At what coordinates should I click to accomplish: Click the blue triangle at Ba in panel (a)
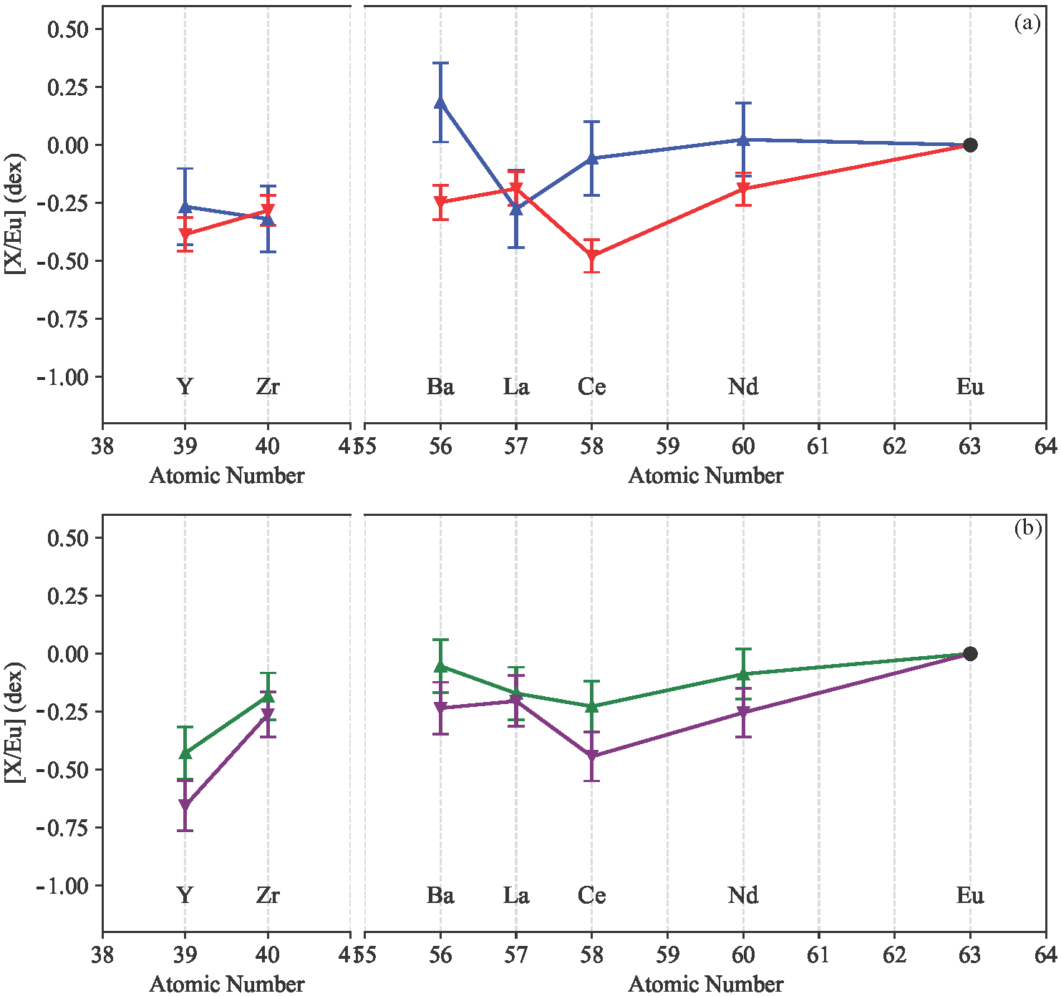[x=440, y=102]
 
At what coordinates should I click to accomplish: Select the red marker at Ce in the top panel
[x=591, y=255]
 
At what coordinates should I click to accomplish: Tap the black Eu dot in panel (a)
[x=970, y=145]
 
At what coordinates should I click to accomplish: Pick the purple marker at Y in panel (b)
[x=185, y=806]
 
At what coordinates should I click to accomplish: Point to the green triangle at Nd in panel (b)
[x=743, y=674]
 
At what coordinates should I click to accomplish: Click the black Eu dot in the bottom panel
[x=970, y=654]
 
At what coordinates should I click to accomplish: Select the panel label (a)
[x=1027, y=24]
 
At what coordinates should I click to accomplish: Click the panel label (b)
[x=1027, y=529]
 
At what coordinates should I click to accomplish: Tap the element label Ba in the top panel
[x=440, y=387]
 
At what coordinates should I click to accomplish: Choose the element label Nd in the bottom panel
[x=743, y=896]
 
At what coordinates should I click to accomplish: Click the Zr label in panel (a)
[x=268, y=387]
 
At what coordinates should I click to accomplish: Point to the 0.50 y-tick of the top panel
[x=67, y=29]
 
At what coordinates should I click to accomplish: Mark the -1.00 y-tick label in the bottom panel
[x=63, y=886]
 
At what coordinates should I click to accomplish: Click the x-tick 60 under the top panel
[x=743, y=446]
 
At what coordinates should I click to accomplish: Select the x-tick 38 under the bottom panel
[x=102, y=955]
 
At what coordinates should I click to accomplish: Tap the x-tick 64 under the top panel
[x=1046, y=446]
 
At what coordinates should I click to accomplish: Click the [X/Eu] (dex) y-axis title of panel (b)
[x=15, y=723]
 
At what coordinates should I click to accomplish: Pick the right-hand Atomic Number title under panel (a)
[x=705, y=476]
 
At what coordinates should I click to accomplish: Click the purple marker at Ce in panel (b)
[x=591, y=756]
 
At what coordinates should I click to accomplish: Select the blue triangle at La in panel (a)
[x=516, y=208]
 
